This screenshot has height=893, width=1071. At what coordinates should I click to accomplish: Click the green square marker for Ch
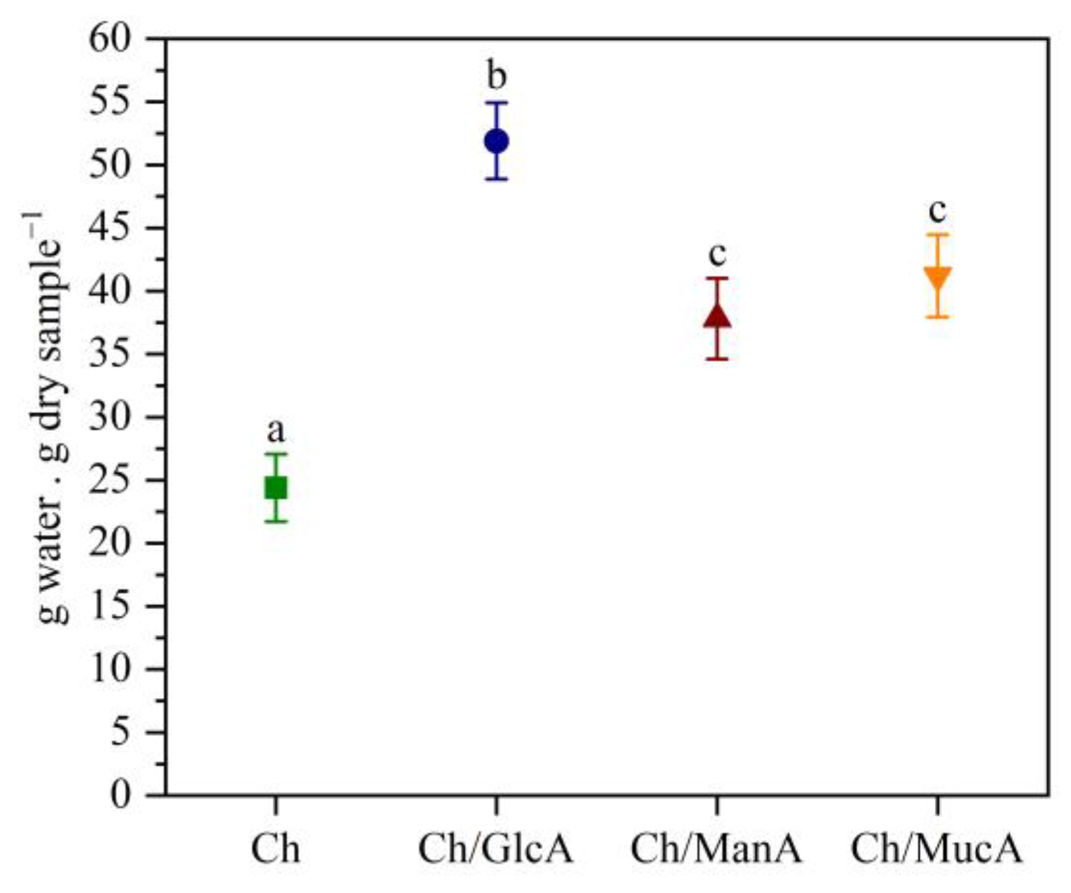[x=276, y=488]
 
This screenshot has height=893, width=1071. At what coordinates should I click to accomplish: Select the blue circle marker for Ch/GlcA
[x=496, y=141]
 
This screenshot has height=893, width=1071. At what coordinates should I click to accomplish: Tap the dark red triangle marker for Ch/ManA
[x=717, y=316]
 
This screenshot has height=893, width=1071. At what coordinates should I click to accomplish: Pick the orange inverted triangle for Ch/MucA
[x=937, y=278]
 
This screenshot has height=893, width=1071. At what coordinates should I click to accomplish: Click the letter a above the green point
[x=276, y=431]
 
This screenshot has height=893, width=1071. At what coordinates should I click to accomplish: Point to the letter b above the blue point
[x=496, y=75]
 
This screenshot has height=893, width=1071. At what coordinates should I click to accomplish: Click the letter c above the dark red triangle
[x=717, y=254]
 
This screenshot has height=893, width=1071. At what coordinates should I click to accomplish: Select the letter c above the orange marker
[x=937, y=210]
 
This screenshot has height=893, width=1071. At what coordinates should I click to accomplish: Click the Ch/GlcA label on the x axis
[x=496, y=850]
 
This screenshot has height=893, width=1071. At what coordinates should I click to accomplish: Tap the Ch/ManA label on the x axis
[x=716, y=850]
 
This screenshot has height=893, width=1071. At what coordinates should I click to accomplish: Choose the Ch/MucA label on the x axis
[x=937, y=850]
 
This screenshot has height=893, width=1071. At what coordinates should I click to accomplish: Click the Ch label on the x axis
[x=276, y=850]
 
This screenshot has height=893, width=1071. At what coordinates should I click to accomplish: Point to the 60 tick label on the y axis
[x=109, y=40]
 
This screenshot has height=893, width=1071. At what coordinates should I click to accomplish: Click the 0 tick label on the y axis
[x=121, y=795]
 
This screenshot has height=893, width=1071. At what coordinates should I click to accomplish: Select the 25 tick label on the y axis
[x=109, y=480]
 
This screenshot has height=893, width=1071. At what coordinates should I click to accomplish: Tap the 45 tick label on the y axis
[x=109, y=228]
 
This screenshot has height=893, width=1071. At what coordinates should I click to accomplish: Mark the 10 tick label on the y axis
[x=109, y=669]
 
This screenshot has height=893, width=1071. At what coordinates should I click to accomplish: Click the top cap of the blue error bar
[x=496, y=102]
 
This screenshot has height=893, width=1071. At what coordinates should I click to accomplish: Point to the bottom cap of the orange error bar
[x=937, y=316]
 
